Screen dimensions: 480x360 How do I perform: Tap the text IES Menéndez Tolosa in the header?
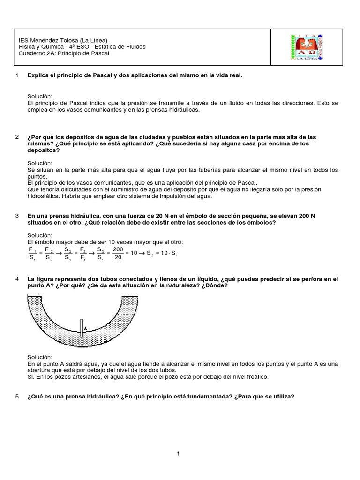pos(47,40)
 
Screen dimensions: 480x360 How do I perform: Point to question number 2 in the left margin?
pos(17,137)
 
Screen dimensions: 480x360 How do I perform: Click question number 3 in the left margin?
pos(17,216)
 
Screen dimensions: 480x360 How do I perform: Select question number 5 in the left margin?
pos(17,397)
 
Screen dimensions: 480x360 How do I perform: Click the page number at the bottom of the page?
pos(179,453)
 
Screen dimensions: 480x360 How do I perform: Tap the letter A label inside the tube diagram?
pos(85,329)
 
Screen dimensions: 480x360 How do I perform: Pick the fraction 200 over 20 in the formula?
pos(118,253)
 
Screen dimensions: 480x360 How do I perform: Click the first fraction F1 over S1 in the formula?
pos(32,253)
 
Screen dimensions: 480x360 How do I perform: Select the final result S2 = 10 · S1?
pos(164,253)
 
